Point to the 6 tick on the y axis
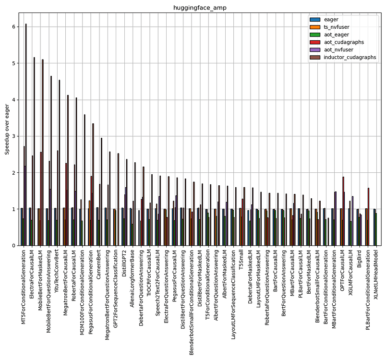(x=14, y=27)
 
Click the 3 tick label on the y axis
(x=14, y=136)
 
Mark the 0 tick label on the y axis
(x=14, y=246)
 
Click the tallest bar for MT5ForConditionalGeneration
(x=26, y=134)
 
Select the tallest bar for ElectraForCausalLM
(x=34, y=151)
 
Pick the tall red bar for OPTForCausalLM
(x=343, y=211)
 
